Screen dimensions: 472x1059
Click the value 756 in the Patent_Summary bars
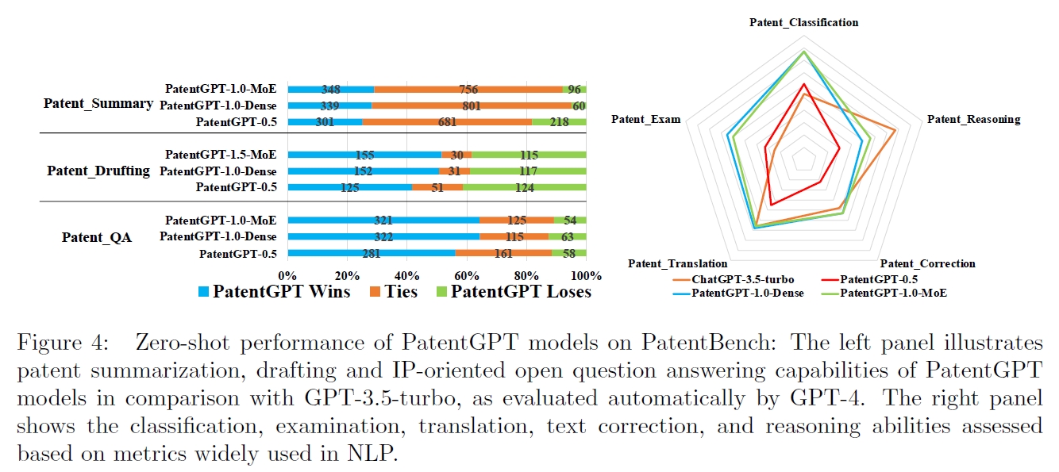[x=469, y=90]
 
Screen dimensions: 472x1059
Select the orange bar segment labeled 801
[x=472, y=106]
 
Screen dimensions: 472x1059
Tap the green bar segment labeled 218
[x=559, y=121]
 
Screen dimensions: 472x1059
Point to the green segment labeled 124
[x=524, y=187]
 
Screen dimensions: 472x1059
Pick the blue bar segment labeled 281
[x=371, y=254]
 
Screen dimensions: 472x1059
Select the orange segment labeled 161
[x=503, y=254]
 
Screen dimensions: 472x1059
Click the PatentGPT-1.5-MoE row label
[x=221, y=155]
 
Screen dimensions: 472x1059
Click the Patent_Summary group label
[x=98, y=103]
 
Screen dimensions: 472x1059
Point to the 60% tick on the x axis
[x=467, y=275]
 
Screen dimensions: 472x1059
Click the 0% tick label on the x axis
[x=287, y=275]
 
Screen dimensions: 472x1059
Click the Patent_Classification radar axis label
[x=803, y=22]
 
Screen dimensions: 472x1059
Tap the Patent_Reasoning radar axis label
[x=973, y=119]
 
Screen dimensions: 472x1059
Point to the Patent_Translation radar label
[x=677, y=263]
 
